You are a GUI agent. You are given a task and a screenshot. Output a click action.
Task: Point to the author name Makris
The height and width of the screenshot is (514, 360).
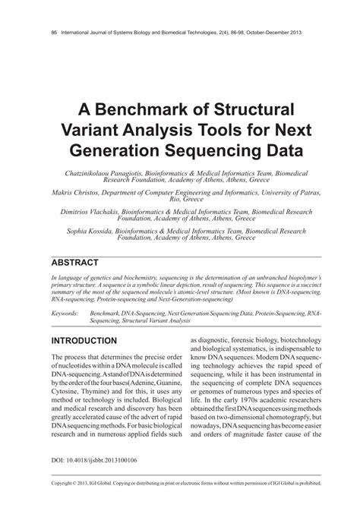tap(63, 194)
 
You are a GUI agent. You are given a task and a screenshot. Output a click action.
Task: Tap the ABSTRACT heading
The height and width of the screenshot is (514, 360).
tap(74, 263)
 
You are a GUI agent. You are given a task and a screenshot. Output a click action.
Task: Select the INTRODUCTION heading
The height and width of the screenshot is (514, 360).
tap(84, 341)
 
